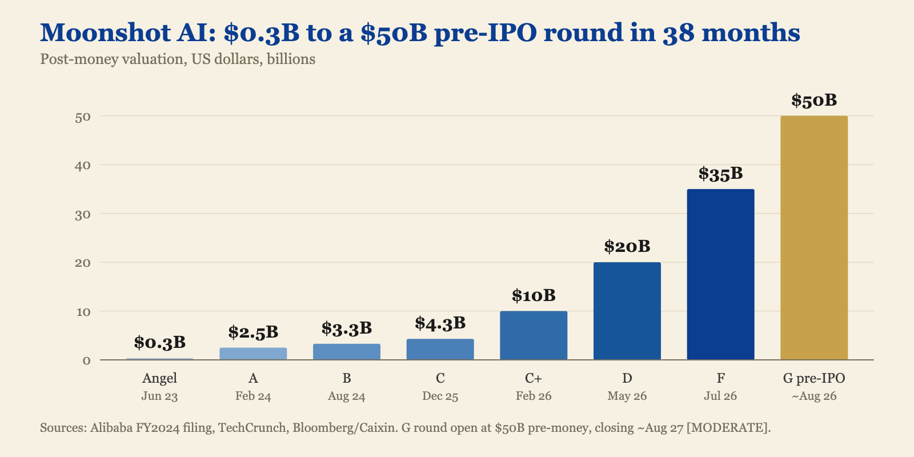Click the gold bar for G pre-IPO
[x=814, y=238]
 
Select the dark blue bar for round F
[x=720, y=275]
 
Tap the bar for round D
[x=627, y=311]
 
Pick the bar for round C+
[x=534, y=335]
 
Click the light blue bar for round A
[x=253, y=354]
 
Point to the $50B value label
[x=814, y=101]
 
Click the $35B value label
[x=720, y=174]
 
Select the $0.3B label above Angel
[x=159, y=343]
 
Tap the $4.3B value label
[x=440, y=323]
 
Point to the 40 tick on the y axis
[x=82, y=165]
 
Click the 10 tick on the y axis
[x=82, y=312]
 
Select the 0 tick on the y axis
[x=86, y=360]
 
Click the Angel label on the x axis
[x=159, y=378]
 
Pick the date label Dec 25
[x=440, y=396]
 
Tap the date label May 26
[x=627, y=396]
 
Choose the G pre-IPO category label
[x=814, y=378]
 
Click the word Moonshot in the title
[x=105, y=33]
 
